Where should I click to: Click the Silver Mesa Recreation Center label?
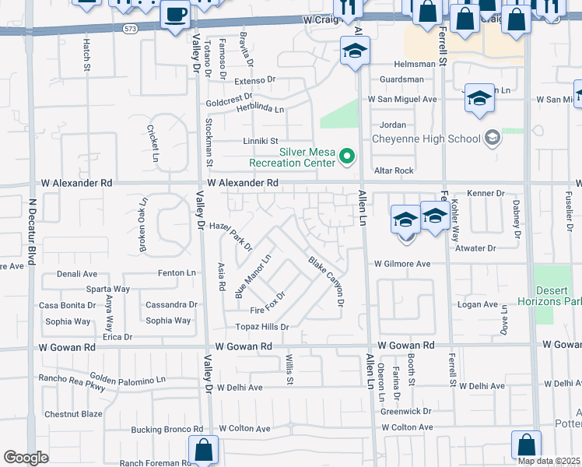pos(292,157)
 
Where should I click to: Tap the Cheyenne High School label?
pos(426,139)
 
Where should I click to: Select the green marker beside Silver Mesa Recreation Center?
pos(348,158)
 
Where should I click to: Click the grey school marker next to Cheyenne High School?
pos(491,139)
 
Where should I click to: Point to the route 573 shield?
pos(131,28)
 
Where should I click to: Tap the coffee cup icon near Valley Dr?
pos(175,15)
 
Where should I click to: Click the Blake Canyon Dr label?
pos(325,281)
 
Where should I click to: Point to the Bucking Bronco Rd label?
pos(167,429)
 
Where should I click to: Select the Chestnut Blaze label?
pos(73,414)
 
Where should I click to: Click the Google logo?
pos(26,458)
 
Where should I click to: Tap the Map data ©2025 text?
pos(549,461)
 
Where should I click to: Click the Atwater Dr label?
pos(475,248)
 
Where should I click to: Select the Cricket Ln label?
pos(154,137)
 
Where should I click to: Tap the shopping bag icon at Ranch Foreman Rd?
pos(203,449)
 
